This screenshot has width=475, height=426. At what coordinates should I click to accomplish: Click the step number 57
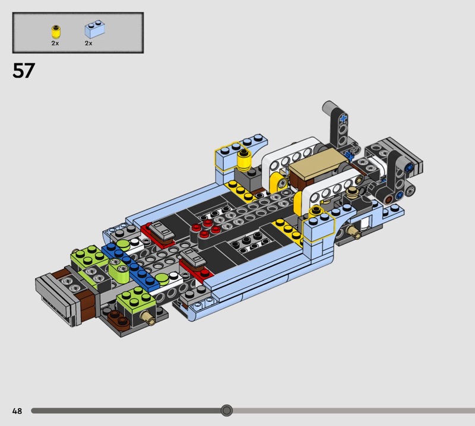[24, 71]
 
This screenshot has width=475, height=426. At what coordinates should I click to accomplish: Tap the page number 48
[17, 411]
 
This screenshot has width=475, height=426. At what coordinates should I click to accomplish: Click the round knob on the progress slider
[226, 411]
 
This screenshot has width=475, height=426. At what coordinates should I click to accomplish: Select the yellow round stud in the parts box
[56, 32]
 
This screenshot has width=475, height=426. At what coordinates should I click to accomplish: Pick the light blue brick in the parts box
[95, 29]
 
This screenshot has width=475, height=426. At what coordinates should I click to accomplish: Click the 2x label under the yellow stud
[55, 43]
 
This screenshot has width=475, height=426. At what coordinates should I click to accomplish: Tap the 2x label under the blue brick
[88, 43]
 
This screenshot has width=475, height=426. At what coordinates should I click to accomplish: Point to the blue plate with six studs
[131, 266]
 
